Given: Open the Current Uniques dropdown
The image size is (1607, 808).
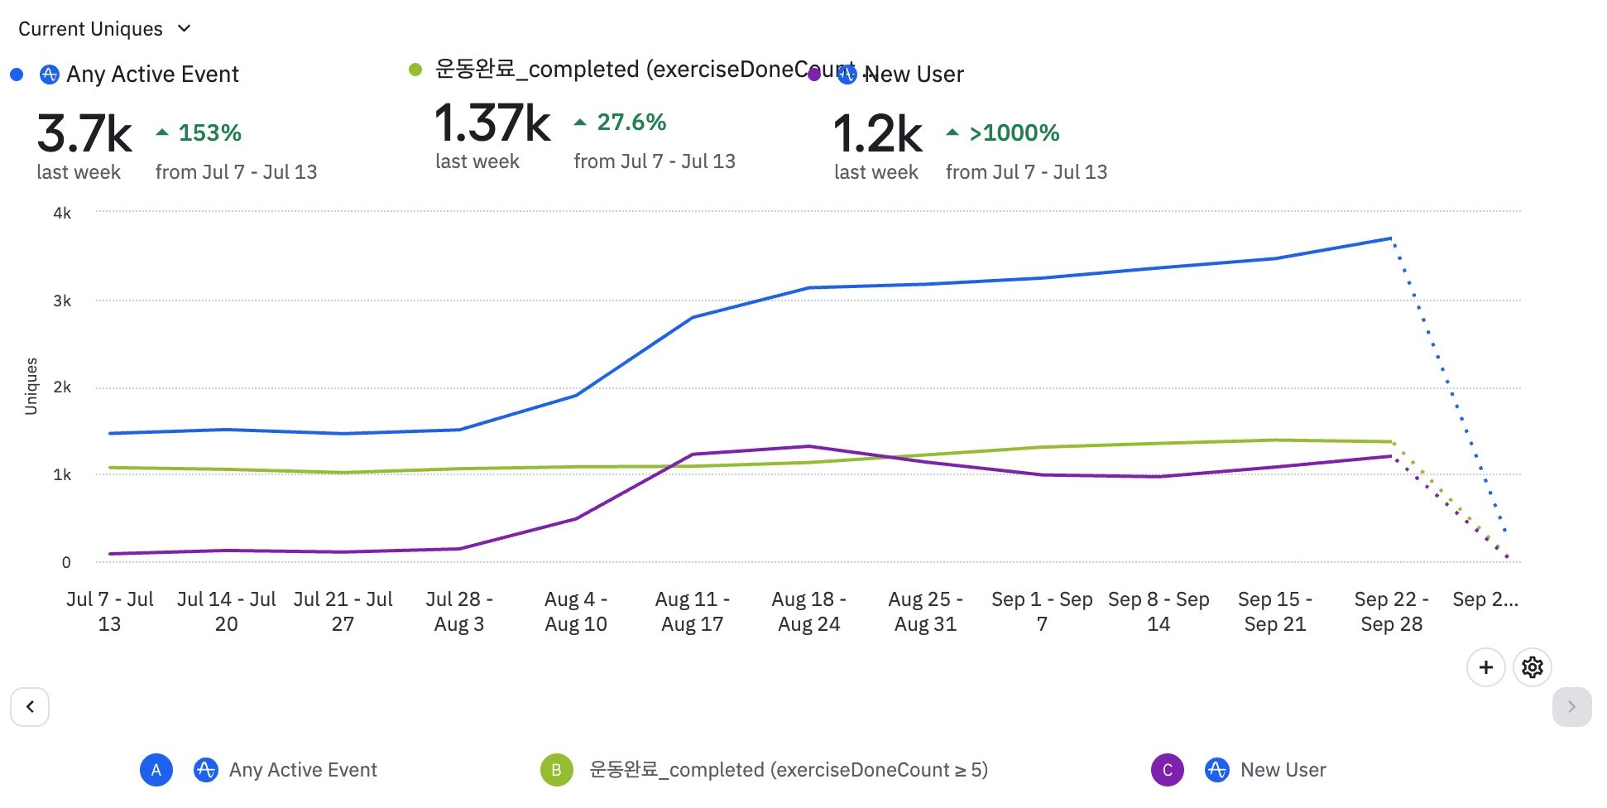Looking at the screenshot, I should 104,29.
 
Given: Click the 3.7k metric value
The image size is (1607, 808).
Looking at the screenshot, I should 84,134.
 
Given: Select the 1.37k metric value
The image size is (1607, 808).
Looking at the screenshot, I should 492,123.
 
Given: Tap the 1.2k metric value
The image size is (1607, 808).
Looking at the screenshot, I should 877,134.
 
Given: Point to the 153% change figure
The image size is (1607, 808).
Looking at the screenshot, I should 209,132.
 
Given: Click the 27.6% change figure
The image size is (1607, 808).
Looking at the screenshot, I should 631,123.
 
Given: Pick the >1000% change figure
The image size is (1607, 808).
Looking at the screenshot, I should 1014,132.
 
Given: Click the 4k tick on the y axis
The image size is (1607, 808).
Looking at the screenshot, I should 62,213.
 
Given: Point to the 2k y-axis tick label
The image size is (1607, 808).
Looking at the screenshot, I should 62,387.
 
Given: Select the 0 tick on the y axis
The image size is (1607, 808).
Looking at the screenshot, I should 66,562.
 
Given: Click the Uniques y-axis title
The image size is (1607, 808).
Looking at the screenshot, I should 31,386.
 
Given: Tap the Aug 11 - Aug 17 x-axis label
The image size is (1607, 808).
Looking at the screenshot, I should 693,611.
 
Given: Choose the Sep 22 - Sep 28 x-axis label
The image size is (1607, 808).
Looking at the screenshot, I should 1391,611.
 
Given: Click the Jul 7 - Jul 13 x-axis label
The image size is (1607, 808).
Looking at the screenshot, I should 110,611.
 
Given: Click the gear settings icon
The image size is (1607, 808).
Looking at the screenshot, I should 1532,667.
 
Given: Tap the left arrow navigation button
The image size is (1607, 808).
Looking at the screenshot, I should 30,707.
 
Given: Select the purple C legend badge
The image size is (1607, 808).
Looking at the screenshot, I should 1167,770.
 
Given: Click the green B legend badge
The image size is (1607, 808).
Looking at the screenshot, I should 556,770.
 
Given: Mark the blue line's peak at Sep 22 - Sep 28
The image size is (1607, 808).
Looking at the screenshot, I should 1391,238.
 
